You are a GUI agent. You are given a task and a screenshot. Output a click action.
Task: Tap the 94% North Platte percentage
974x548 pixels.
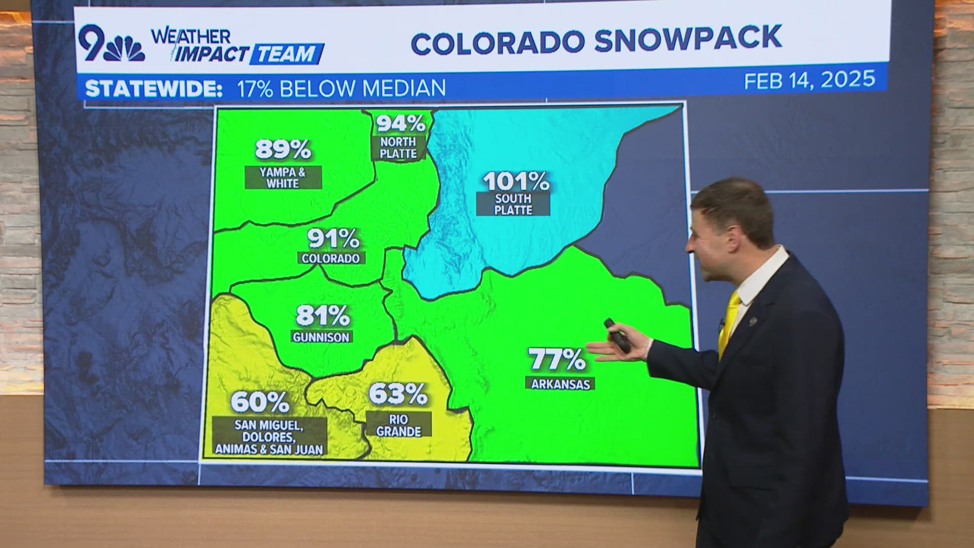(x=401, y=123)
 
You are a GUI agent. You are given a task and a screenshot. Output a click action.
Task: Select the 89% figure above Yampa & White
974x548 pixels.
(x=283, y=150)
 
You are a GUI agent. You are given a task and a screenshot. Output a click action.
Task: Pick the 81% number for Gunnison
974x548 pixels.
(x=323, y=315)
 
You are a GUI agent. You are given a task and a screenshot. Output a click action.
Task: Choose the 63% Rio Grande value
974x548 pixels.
(x=398, y=394)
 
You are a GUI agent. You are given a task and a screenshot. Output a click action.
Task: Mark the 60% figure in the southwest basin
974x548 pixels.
(x=260, y=402)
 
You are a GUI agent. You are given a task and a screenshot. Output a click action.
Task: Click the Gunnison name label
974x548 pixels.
(x=321, y=337)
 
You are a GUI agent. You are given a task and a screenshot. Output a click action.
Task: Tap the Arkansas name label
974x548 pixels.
(x=560, y=384)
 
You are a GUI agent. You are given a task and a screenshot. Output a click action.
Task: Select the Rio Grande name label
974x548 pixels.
(x=399, y=425)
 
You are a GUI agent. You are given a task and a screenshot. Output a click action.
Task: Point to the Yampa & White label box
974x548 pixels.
(x=283, y=178)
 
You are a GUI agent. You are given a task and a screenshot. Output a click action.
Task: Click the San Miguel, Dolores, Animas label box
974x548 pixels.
(x=269, y=437)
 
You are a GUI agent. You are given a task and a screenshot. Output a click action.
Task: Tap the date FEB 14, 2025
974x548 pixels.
(x=810, y=80)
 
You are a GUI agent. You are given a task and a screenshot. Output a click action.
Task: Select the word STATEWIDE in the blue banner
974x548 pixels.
(x=154, y=89)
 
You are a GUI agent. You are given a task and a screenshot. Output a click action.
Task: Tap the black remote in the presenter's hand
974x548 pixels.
(x=617, y=335)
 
